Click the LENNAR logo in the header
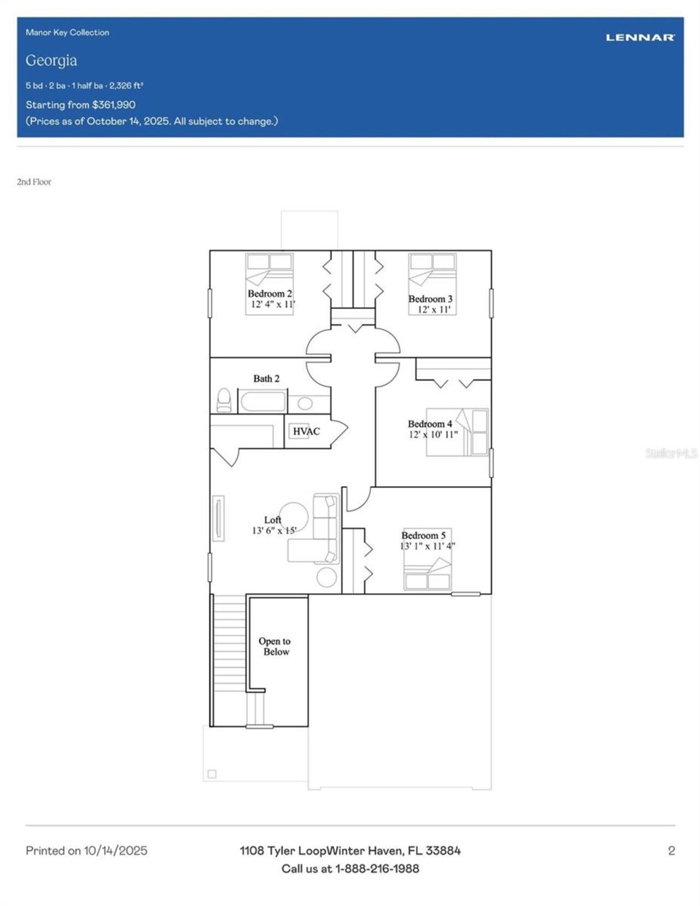(640, 37)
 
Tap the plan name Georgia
(51, 60)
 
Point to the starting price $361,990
(114, 104)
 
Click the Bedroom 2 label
(270, 294)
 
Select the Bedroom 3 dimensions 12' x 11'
(434, 309)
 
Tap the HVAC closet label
(306, 431)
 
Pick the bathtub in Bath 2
(262, 402)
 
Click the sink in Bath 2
(305, 404)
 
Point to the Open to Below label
(275, 646)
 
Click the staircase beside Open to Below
(229, 656)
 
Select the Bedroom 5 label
(423, 535)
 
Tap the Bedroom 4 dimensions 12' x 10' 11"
(433, 435)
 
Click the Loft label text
(272, 520)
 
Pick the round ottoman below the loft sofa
(326, 577)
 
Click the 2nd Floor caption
(34, 182)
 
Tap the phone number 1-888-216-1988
(377, 868)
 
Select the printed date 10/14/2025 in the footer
(115, 851)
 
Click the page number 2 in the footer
(671, 851)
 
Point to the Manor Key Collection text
(67, 32)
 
